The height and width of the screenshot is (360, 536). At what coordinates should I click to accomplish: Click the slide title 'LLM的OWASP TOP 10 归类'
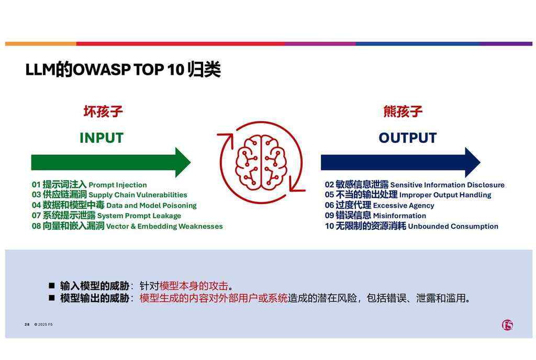(123, 70)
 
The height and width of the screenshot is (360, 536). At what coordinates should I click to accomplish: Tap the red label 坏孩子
(103, 111)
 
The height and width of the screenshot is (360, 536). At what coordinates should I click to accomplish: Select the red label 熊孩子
(403, 111)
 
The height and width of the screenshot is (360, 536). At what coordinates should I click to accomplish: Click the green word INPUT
(102, 138)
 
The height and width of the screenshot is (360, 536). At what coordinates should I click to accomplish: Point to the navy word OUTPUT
(407, 138)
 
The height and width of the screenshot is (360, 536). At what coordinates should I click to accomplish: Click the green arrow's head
(183, 162)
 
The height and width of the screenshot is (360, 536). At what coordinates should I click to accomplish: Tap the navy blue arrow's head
(473, 162)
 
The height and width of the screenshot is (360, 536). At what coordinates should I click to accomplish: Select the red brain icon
(261, 162)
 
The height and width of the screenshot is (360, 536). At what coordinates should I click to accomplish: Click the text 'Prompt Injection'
(118, 185)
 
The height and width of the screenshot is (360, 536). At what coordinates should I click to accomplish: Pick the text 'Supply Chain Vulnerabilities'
(138, 195)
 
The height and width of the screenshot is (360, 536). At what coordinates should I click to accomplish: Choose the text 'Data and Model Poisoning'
(151, 205)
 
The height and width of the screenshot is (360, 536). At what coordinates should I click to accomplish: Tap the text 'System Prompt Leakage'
(139, 216)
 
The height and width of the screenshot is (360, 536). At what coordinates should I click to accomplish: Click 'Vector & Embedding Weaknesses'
(164, 226)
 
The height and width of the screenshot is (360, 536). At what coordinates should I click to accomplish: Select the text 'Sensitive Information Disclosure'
(448, 185)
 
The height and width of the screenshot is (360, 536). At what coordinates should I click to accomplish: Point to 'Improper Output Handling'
(445, 195)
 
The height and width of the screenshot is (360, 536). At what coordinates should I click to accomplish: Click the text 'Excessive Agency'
(404, 205)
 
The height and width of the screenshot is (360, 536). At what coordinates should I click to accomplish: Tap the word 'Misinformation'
(399, 216)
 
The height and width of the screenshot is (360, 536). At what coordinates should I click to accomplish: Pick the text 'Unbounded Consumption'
(453, 226)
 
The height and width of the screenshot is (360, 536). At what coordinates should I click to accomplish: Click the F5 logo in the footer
(507, 325)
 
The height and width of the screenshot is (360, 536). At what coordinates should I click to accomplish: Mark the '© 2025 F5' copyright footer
(43, 324)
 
